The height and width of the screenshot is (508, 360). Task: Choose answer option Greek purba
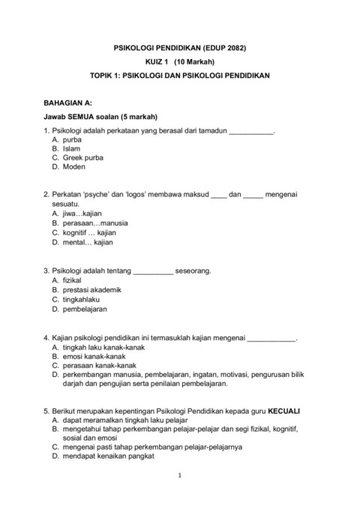click(83, 157)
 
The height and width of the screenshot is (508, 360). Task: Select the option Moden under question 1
click(74, 166)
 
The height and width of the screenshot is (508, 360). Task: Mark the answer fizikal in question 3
click(74, 279)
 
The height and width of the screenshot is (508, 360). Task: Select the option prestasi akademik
click(92, 289)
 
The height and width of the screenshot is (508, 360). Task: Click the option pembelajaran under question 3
click(85, 308)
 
